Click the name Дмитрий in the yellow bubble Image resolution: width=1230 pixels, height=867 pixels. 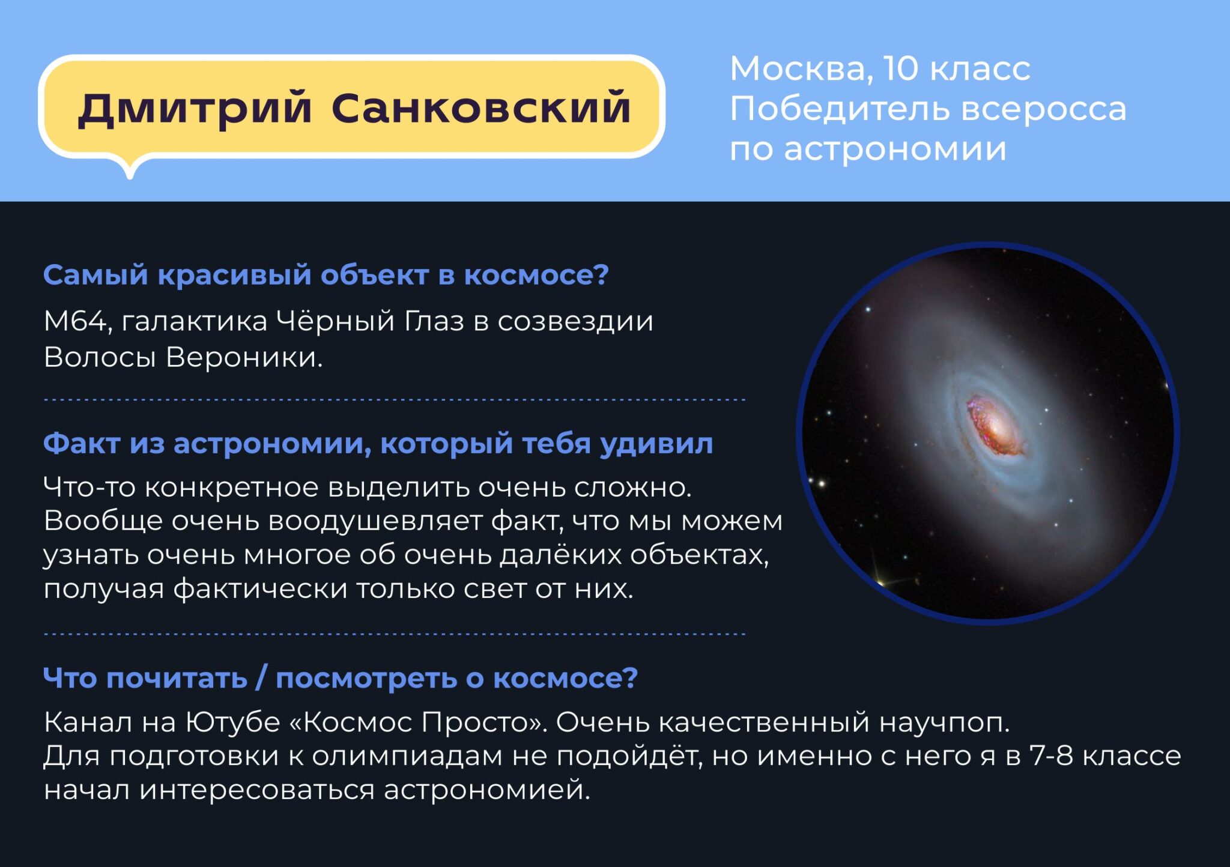click(x=195, y=109)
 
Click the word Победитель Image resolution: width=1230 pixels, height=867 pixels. click(x=840, y=109)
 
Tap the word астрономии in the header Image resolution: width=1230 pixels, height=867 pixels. click(x=895, y=149)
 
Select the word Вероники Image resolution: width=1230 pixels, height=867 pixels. click(x=244, y=357)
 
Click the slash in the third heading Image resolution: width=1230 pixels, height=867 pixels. click(x=261, y=679)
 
